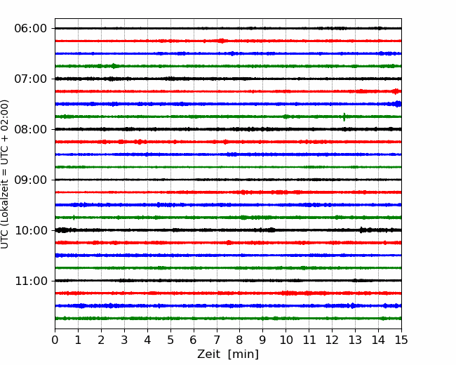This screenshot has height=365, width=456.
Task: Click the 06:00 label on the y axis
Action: point(31,29)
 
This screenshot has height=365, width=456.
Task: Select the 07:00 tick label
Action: point(31,79)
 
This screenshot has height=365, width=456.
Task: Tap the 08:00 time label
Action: point(31,129)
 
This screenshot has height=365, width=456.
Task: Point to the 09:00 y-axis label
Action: point(31,180)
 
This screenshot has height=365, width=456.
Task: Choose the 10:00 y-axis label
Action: point(31,230)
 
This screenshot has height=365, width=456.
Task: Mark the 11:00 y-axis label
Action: point(31,281)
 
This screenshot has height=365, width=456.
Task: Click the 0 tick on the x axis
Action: point(55,340)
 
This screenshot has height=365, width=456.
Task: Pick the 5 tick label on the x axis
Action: point(170,340)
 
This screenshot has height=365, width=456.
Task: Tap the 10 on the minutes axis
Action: point(286,340)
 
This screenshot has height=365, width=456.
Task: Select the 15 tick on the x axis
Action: point(401,340)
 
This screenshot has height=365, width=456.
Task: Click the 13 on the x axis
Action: point(355,340)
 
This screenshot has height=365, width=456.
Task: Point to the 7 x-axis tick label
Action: point(217,340)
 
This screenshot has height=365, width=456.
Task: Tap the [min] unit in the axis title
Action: point(243,354)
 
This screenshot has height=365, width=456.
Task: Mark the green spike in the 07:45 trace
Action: point(344,117)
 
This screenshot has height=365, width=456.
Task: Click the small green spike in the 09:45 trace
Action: point(74,218)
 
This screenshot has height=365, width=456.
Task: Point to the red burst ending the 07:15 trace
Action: point(396,91)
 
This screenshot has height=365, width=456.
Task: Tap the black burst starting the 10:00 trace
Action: point(62,230)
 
